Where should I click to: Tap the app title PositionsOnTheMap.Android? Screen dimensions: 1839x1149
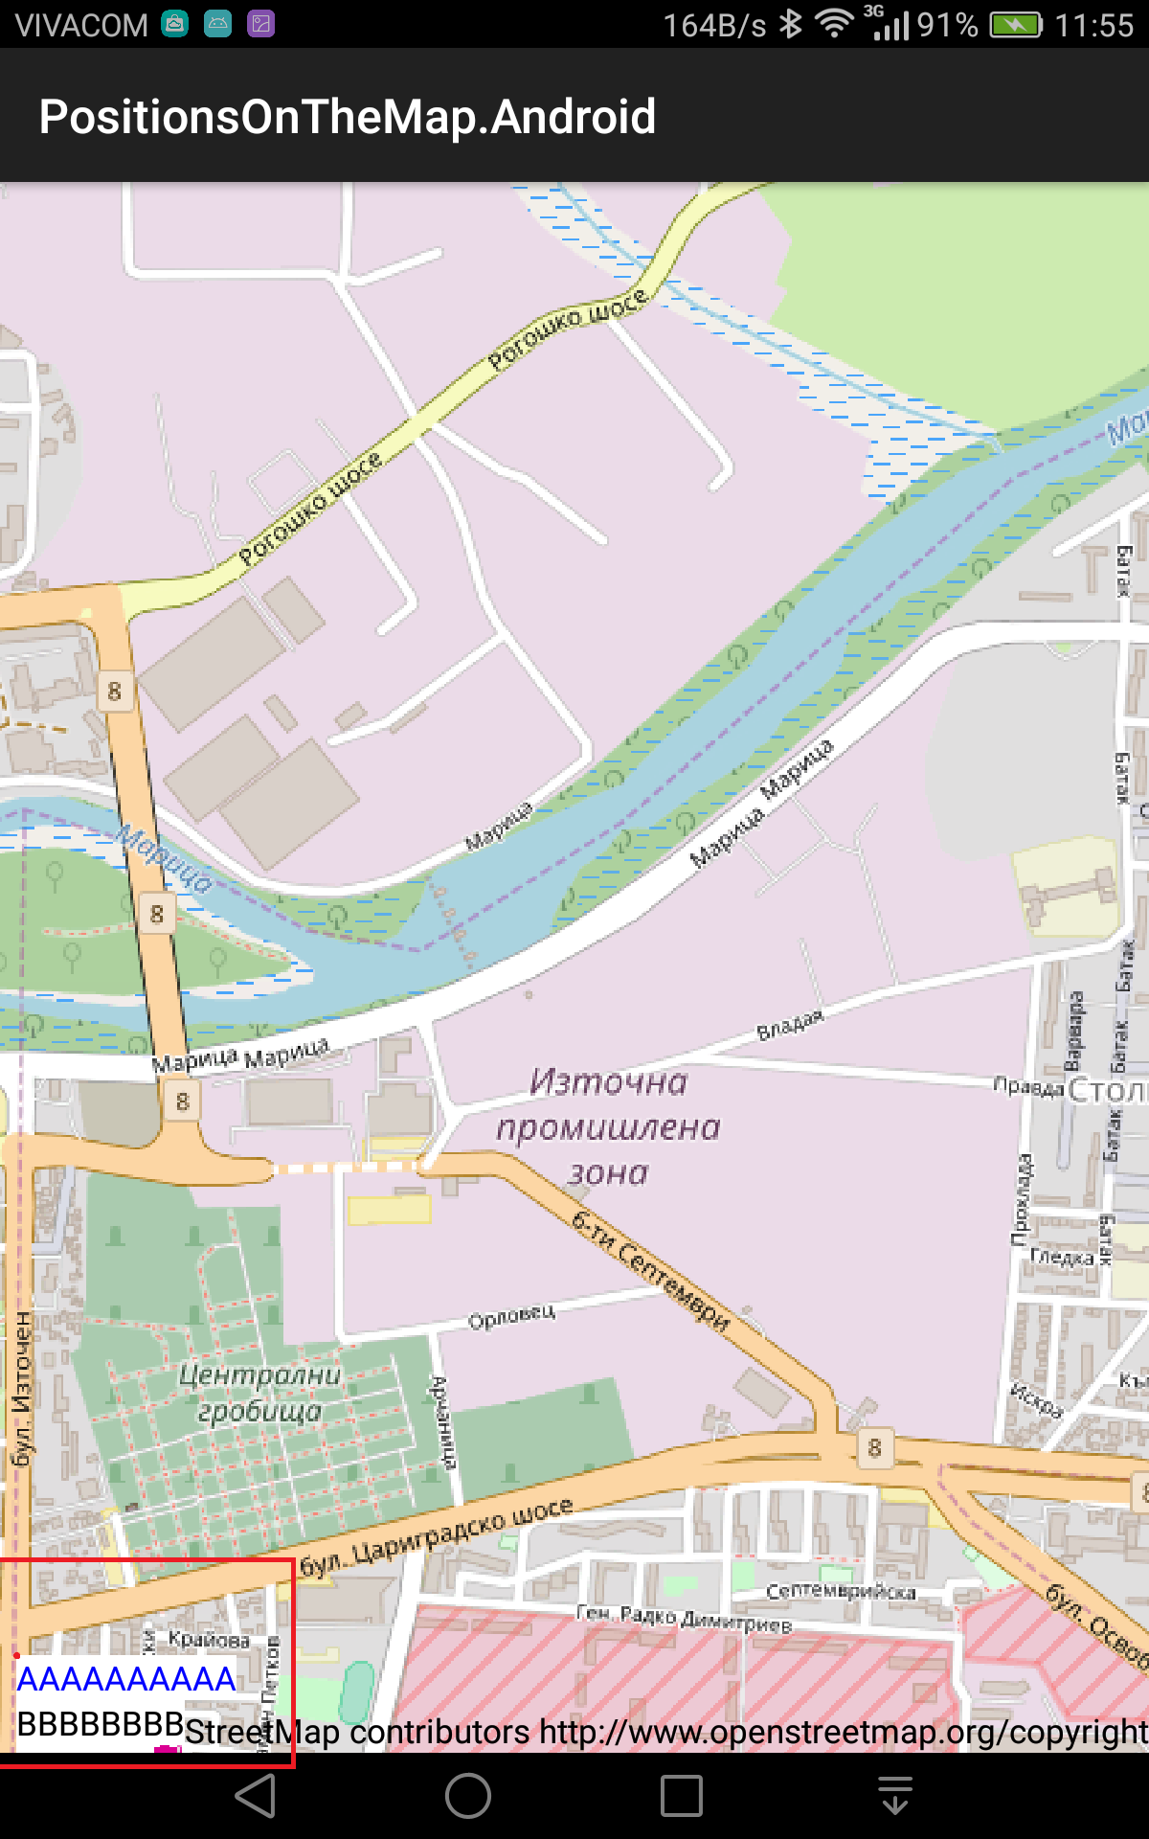[x=348, y=117]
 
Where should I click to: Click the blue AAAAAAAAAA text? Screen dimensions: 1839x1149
[x=126, y=1679]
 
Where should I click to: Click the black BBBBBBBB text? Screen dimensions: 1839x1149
[x=101, y=1723]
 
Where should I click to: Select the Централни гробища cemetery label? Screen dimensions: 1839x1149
[x=259, y=1393]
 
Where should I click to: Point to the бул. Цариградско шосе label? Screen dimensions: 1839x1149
[x=437, y=1535]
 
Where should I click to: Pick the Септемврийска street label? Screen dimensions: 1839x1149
[x=841, y=1592]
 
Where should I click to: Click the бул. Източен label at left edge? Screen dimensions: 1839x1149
[x=21, y=1389]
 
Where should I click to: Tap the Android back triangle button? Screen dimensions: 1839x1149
[x=257, y=1796]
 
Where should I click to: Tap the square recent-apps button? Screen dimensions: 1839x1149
[x=682, y=1796]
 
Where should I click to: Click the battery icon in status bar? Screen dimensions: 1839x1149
[x=1015, y=25]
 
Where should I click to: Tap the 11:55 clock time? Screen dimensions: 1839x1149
[x=1093, y=25]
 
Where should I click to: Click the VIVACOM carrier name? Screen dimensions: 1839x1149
[x=81, y=25]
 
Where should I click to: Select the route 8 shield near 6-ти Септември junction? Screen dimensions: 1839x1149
[x=874, y=1447]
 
